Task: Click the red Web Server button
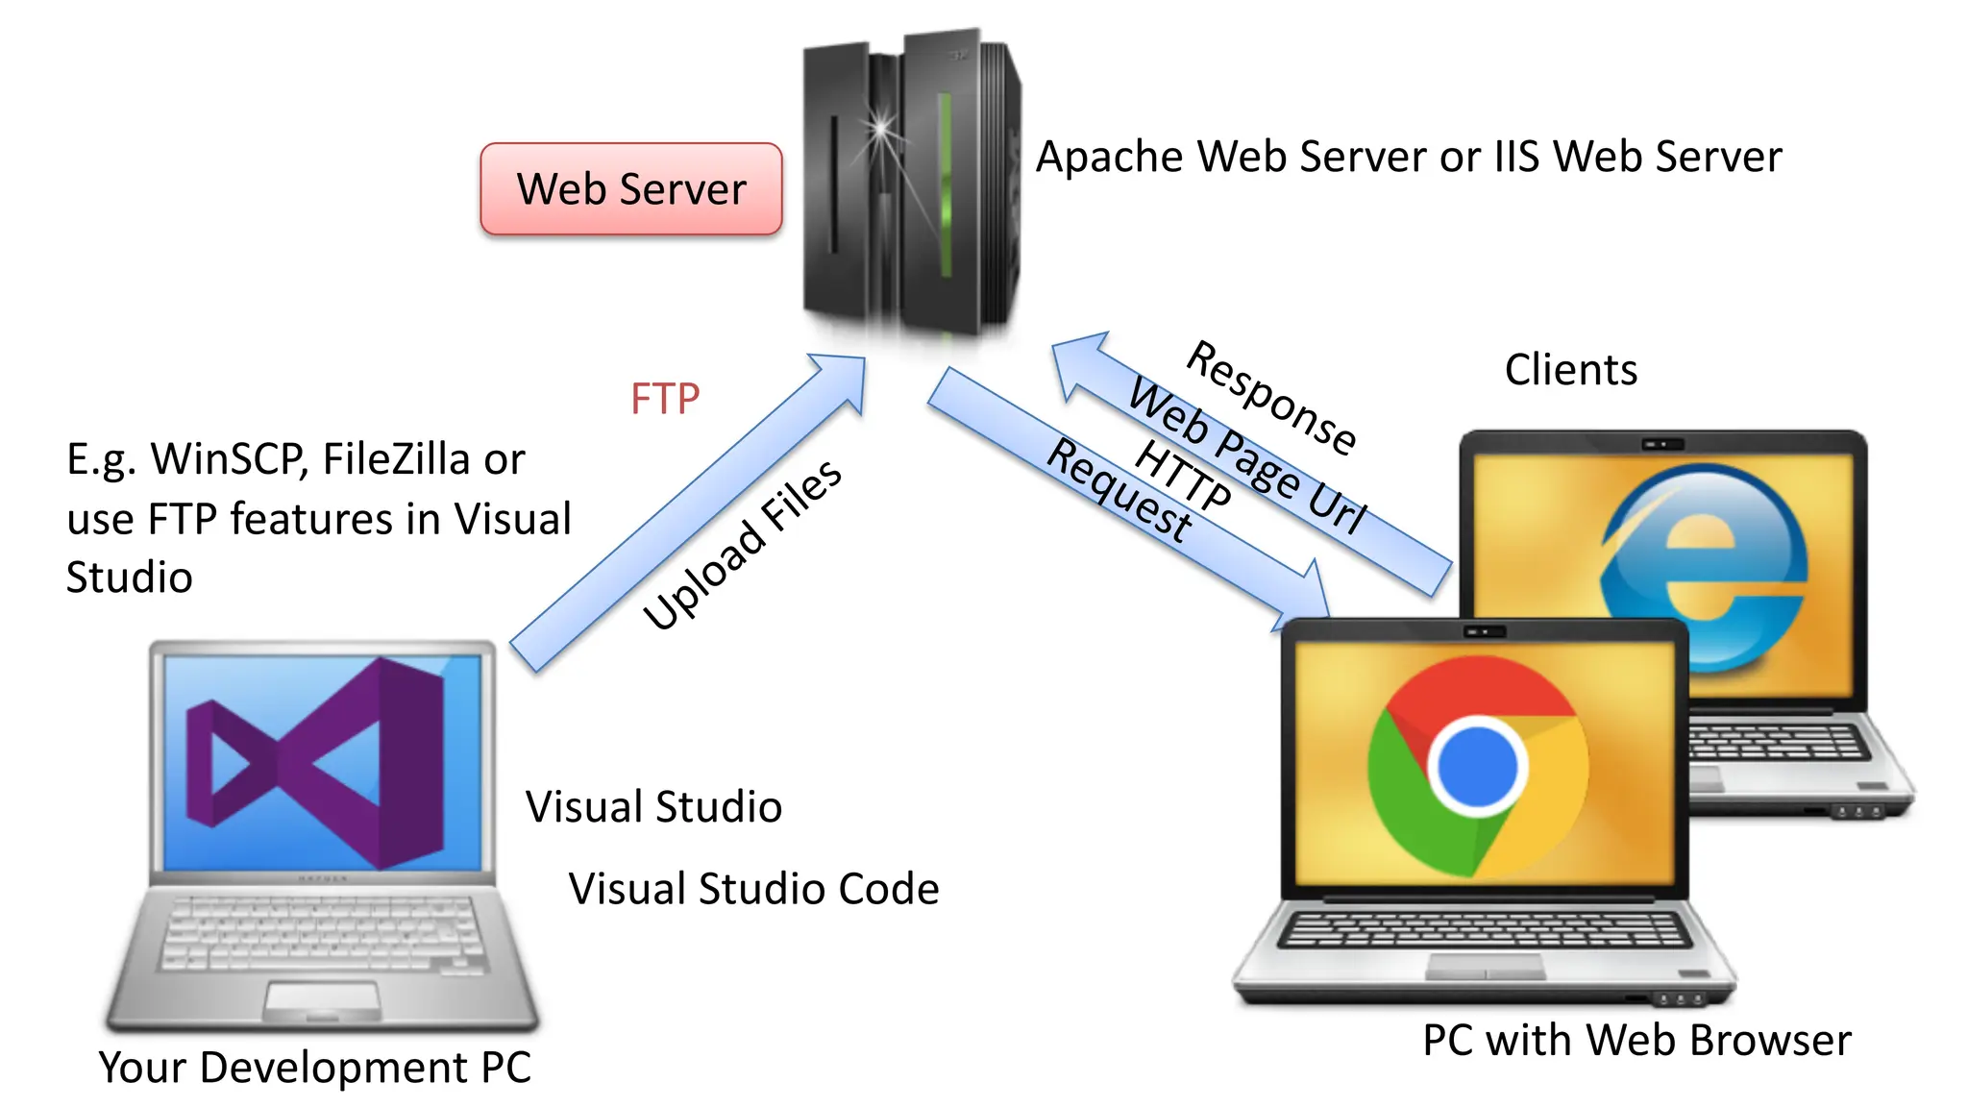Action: tap(631, 188)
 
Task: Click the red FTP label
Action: tap(665, 399)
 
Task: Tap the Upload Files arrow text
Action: tap(743, 545)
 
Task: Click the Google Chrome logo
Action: tap(1477, 766)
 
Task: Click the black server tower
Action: tap(908, 183)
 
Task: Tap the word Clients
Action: tap(1571, 370)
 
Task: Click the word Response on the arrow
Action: tap(1271, 397)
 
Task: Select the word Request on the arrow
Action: tap(1120, 489)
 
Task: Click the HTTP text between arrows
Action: tap(1183, 475)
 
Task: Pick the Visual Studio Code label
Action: tap(753, 889)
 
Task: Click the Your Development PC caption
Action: tap(314, 1068)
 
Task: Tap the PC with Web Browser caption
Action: tap(1636, 1041)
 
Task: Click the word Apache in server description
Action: tap(1110, 158)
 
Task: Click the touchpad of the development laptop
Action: tap(322, 999)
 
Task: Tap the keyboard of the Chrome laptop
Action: tap(1485, 929)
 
